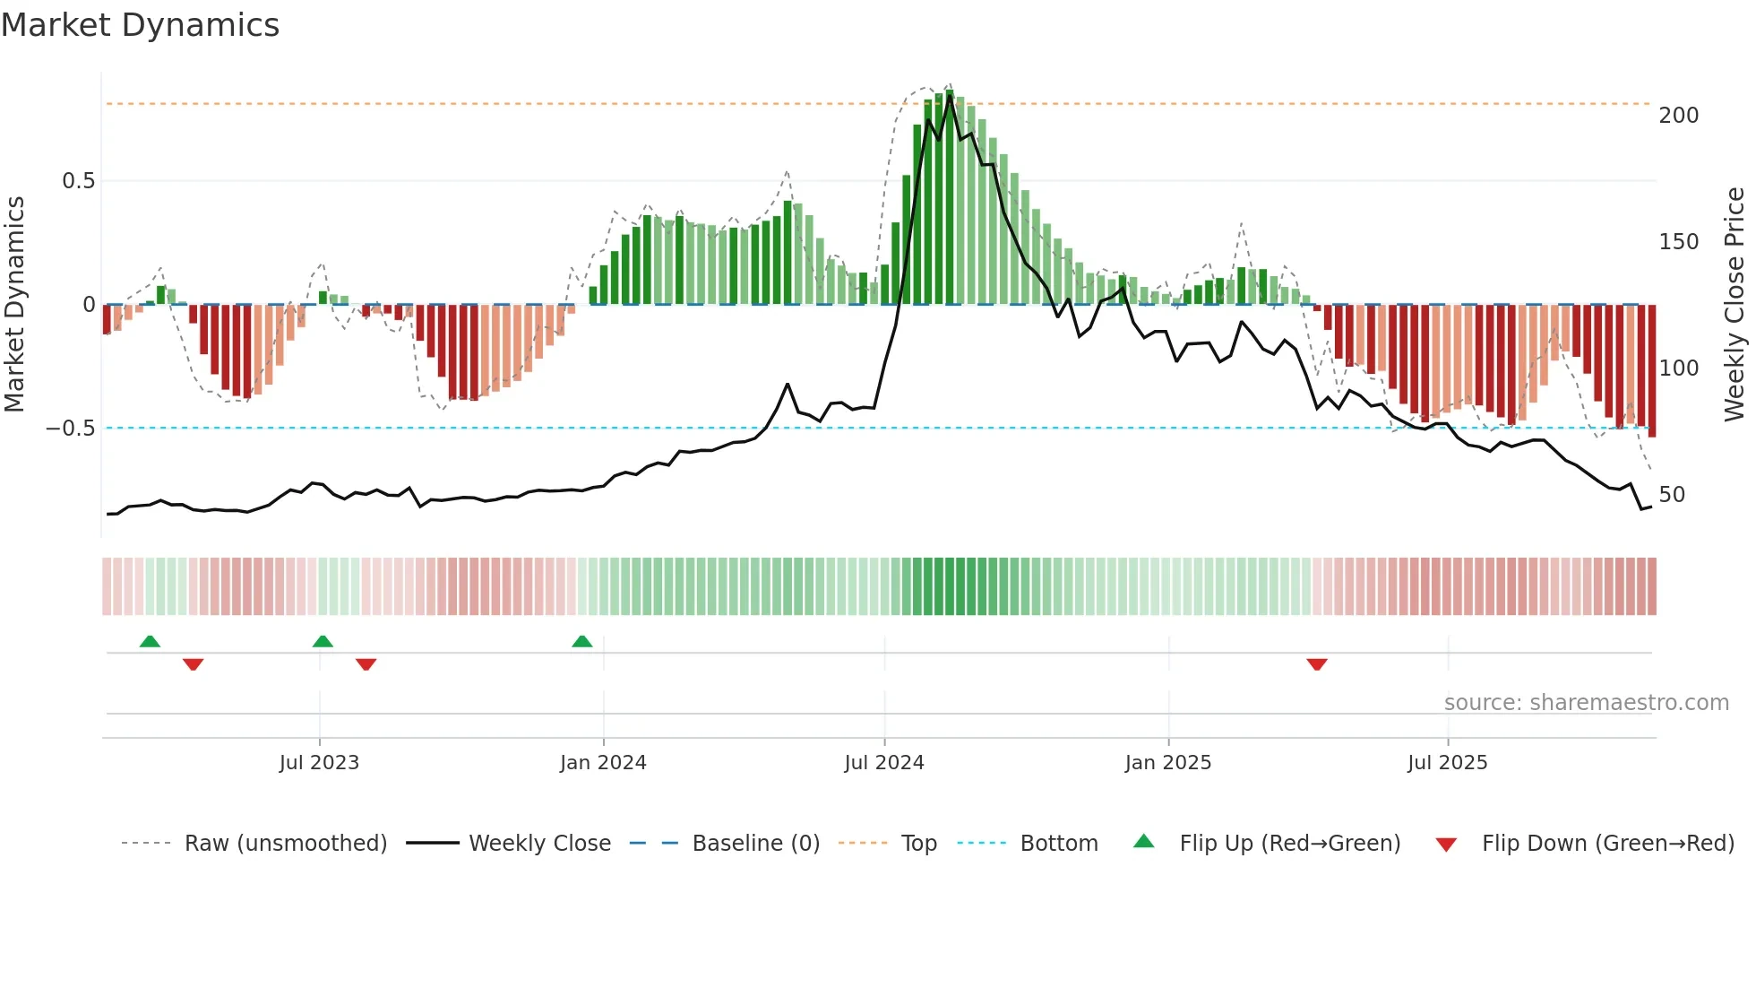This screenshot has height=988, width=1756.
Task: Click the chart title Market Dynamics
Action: (x=141, y=25)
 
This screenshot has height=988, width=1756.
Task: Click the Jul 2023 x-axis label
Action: (x=319, y=763)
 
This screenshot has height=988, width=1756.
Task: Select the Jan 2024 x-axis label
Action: (x=603, y=763)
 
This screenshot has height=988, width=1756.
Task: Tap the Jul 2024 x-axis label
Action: (x=884, y=763)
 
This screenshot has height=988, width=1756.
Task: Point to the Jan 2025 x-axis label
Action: (x=1168, y=763)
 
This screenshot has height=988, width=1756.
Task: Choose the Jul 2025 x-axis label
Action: (x=1448, y=763)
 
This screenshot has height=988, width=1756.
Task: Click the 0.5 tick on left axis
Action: (x=78, y=181)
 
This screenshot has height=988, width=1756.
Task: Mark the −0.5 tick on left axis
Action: (x=71, y=429)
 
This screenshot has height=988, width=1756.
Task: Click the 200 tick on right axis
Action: (x=1679, y=116)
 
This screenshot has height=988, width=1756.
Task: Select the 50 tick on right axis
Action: (x=1672, y=495)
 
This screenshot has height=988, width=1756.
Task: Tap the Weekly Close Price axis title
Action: (x=1734, y=305)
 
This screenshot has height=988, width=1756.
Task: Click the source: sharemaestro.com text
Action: (x=1586, y=703)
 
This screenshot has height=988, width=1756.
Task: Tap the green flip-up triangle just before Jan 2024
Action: (x=582, y=641)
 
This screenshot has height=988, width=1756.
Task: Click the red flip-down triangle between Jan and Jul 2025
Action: (x=1317, y=664)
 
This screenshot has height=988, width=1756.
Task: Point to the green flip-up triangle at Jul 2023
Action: (x=323, y=641)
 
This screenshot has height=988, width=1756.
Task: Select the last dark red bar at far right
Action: (x=1652, y=371)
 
